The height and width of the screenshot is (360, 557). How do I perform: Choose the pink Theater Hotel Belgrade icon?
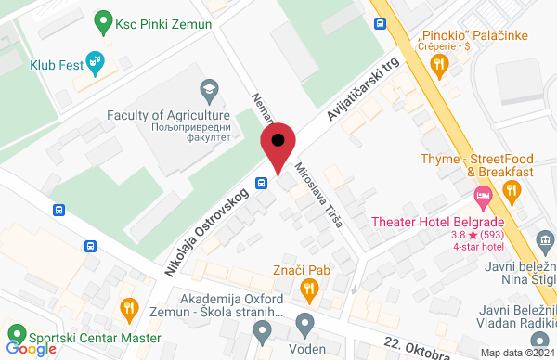click(x=483, y=196)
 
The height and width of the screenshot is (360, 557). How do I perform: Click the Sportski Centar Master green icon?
click(x=15, y=332)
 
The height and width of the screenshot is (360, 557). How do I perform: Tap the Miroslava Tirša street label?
click(x=318, y=197)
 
